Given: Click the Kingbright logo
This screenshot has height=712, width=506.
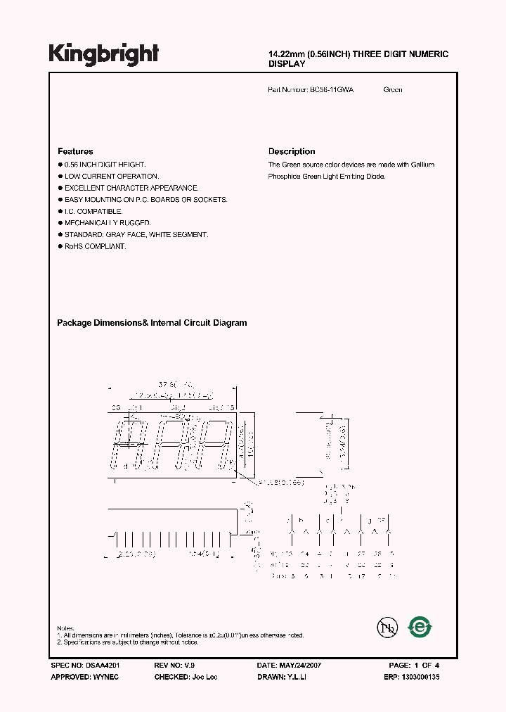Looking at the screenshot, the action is (x=104, y=53).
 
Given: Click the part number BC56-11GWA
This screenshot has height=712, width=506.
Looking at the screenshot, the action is (x=331, y=90).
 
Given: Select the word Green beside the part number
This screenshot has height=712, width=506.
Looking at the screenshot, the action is (x=393, y=90).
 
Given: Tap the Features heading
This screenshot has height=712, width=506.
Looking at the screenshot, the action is (x=75, y=151).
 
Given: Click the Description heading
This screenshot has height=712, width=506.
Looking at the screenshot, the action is (x=292, y=151).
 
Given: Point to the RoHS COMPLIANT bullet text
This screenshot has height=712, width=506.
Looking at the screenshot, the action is (x=96, y=246).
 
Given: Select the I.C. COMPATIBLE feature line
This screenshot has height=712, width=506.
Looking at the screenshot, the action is (x=93, y=211).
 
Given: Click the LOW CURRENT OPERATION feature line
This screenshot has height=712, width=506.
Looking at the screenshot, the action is (x=112, y=176).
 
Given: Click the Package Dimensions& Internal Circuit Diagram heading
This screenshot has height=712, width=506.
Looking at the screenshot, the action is (x=152, y=323).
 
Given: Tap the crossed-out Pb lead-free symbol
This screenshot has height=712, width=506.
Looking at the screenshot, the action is (x=384, y=627).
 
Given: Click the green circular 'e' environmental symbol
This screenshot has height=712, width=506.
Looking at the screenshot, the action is (x=420, y=625).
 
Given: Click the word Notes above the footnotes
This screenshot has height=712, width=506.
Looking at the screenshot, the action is (x=65, y=628).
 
